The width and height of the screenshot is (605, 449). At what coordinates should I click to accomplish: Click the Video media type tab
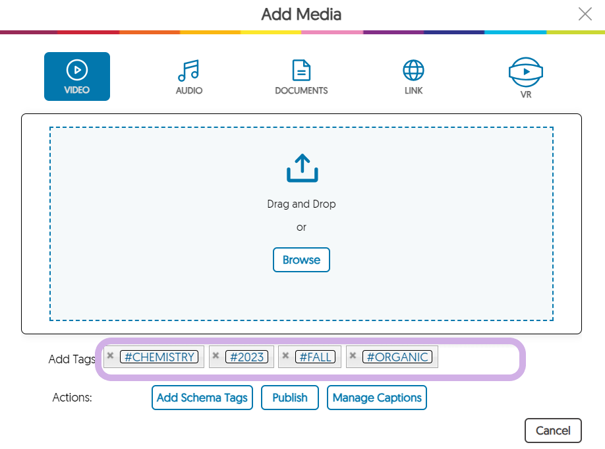coord(77,76)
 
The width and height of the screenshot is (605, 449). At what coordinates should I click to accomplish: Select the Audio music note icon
coord(188,71)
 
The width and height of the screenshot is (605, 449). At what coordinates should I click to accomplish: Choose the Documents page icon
coord(301,70)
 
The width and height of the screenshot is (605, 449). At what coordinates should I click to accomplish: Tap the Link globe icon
coord(413,71)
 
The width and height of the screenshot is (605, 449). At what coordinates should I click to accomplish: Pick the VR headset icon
coord(526,72)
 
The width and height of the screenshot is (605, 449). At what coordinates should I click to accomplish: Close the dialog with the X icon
coord(585,14)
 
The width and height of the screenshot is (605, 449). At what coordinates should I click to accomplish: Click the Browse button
coord(301,260)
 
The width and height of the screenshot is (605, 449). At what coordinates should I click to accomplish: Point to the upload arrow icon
coord(302,168)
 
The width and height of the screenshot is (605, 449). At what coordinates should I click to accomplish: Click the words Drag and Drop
coord(301,204)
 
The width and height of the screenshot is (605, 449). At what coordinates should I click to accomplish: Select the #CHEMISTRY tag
coord(159,357)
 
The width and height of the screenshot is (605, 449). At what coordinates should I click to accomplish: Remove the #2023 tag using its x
coord(216,355)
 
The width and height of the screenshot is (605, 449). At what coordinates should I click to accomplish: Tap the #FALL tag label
coord(315,357)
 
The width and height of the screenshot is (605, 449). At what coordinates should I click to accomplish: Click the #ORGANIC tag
coord(397,357)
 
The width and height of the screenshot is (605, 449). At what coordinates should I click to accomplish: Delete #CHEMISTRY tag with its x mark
coord(110,355)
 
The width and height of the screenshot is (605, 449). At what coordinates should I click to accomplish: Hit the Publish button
coord(290,398)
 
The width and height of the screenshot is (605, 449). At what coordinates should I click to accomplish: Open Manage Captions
coord(377,398)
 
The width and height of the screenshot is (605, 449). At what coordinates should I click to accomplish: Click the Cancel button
coord(553,431)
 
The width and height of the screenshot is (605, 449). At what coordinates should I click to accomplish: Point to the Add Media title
coord(301,15)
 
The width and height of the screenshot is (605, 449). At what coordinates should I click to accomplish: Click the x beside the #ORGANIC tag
coord(353,355)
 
